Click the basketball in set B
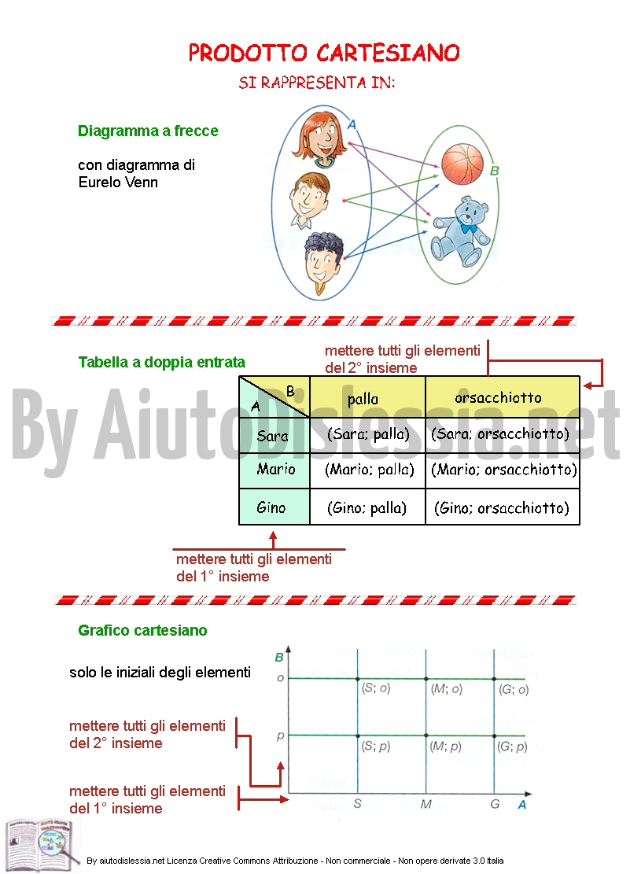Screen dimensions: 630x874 (x=462, y=164)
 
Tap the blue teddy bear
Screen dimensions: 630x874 (x=461, y=232)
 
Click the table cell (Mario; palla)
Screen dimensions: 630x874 (x=369, y=470)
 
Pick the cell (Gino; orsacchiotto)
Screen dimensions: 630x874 (x=502, y=507)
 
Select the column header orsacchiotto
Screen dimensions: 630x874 (x=498, y=397)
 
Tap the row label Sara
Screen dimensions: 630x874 (x=273, y=435)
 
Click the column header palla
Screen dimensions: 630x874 (x=363, y=399)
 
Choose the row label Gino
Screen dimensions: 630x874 (x=271, y=507)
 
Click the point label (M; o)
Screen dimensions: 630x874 (x=447, y=689)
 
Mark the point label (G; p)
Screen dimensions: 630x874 (x=512, y=747)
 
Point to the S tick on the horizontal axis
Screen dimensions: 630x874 (x=357, y=804)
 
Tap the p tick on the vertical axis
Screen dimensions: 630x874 (x=281, y=736)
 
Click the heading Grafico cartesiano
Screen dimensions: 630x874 (x=142, y=630)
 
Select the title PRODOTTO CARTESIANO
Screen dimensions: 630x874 (x=324, y=53)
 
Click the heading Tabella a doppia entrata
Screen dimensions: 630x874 (x=162, y=363)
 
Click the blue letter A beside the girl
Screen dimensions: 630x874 (x=352, y=125)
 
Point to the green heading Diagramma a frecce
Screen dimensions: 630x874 (x=149, y=131)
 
